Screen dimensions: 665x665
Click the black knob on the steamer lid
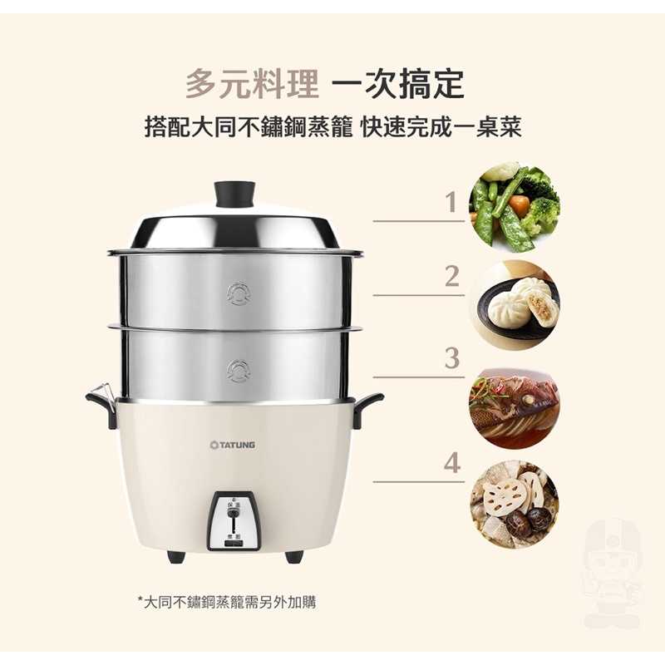pyautogui.click(x=234, y=195)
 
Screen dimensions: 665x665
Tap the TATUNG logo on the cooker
pyautogui.click(x=233, y=445)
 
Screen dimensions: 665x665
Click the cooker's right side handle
pyautogui.click(x=368, y=407)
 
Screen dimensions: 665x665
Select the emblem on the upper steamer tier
pyautogui.click(x=239, y=293)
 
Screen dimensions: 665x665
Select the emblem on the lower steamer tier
pyautogui.click(x=238, y=371)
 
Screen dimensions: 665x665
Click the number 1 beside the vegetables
pyautogui.click(x=451, y=202)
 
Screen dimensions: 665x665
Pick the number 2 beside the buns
pyautogui.click(x=451, y=277)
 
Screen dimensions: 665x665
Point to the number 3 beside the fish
pyautogui.click(x=452, y=358)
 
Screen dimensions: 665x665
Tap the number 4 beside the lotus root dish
pyautogui.click(x=452, y=463)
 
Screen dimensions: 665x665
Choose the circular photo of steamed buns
pyautogui.click(x=514, y=305)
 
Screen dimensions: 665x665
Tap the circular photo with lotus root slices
pyautogui.click(x=514, y=505)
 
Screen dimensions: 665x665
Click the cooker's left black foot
pyautogui.click(x=176, y=556)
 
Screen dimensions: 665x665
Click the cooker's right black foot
pyautogui.click(x=294, y=556)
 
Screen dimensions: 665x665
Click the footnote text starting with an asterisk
pyautogui.click(x=227, y=602)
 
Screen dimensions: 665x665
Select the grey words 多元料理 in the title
pyautogui.click(x=252, y=84)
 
